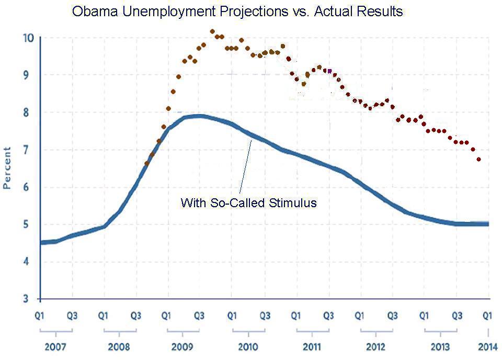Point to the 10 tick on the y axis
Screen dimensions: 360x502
tap(28, 38)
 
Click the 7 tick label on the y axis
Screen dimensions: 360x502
tap(31, 150)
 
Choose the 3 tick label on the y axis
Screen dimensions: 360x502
tap(31, 299)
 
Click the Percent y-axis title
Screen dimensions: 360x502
tap(7, 167)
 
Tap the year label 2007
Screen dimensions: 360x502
tap(55, 346)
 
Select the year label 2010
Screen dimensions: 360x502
tap(248, 346)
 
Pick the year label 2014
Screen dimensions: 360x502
tap(487, 346)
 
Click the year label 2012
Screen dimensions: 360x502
tap(375, 346)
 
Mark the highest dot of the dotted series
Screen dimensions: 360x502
tap(212, 31)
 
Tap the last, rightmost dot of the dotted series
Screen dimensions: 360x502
tap(479, 159)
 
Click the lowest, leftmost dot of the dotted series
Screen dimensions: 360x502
tap(147, 164)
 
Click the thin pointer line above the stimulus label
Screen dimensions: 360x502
tap(245, 167)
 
